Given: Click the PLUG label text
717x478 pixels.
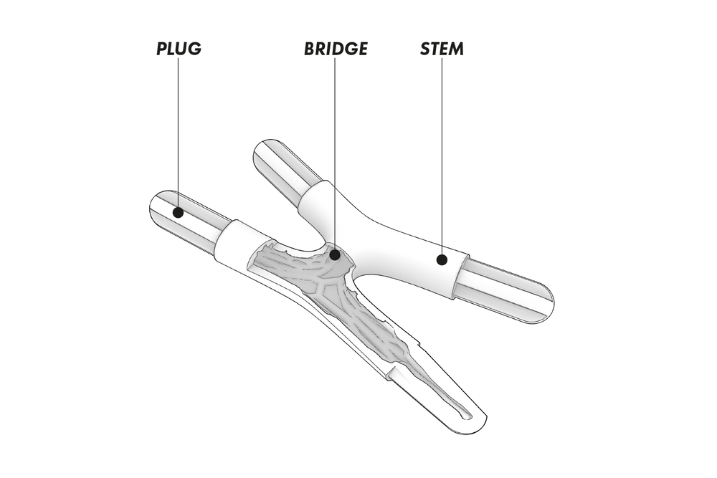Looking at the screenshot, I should pyautogui.click(x=179, y=49).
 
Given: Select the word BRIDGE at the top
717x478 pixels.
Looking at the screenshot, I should pyautogui.click(x=335, y=49).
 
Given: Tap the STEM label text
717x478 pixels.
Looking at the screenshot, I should pyautogui.click(x=442, y=49).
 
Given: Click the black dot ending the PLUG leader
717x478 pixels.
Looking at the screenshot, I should pyautogui.click(x=179, y=213).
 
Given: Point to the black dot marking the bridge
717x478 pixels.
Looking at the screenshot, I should pyautogui.click(x=335, y=254).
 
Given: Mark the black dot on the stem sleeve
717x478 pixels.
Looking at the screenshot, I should pyautogui.click(x=442, y=260).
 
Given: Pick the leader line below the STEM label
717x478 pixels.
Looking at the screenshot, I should pyautogui.click(x=442, y=158).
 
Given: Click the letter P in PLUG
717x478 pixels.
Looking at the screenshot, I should pyautogui.click(x=162, y=49).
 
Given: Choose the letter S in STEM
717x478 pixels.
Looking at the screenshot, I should pyautogui.click(x=424, y=49).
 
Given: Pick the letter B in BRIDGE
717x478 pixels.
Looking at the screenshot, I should pyautogui.click(x=309, y=49).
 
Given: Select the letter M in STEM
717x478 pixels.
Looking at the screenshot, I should pyautogui.click(x=456, y=49).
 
